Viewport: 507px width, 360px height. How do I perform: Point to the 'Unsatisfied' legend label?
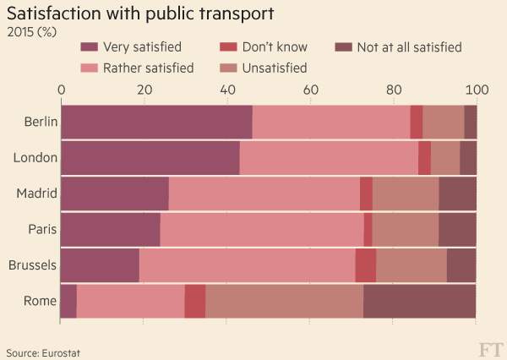[x=275, y=68]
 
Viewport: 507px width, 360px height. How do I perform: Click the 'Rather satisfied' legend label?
[x=148, y=68]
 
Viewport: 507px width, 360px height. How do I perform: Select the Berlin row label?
[x=41, y=122]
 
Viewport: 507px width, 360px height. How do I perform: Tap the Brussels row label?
[x=32, y=265]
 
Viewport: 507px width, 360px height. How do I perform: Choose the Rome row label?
[x=41, y=301]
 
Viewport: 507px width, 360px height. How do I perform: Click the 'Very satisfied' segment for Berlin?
[x=156, y=122]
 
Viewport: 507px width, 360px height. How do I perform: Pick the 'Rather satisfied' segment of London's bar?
[x=329, y=158]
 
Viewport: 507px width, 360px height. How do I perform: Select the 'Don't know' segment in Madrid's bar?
[x=366, y=194]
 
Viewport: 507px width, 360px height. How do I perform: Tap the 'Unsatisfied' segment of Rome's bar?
[x=284, y=301]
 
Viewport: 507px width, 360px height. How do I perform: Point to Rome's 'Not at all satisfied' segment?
[x=419, y=301]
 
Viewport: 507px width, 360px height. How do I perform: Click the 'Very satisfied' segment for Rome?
[x=68, y=301]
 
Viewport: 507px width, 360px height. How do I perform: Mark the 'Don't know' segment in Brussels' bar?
[x=365, y=265]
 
